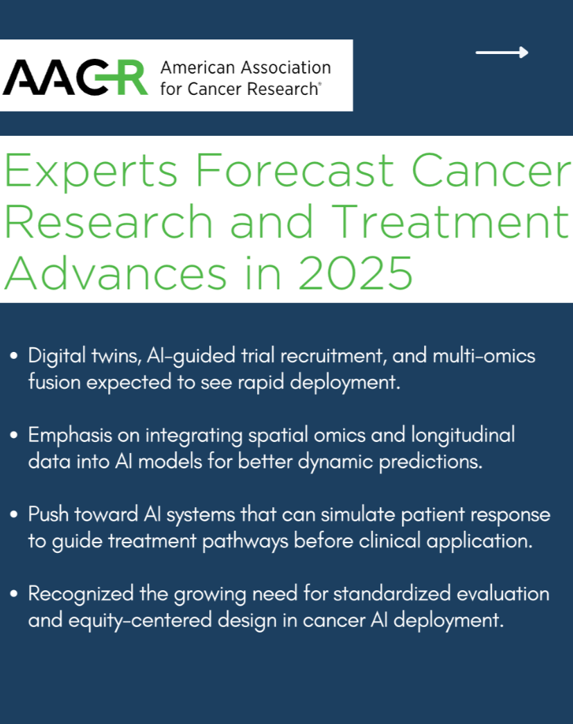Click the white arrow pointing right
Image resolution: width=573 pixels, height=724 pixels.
(502, 53)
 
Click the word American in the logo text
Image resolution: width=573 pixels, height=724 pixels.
(197, 67)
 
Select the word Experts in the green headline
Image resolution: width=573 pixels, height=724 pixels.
(91, 171)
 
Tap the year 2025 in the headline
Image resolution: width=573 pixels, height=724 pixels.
(355, 274)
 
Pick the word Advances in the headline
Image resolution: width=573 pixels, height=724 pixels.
(116, 273)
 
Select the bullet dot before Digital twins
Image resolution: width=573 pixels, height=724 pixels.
(14, 356)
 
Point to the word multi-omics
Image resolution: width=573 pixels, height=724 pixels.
(484, 355)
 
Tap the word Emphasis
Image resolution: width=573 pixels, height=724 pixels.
(70, 436)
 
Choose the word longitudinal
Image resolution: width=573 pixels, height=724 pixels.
(463, 436)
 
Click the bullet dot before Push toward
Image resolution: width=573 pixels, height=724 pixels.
(14, 514)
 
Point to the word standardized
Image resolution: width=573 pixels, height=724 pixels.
(392, 594)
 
